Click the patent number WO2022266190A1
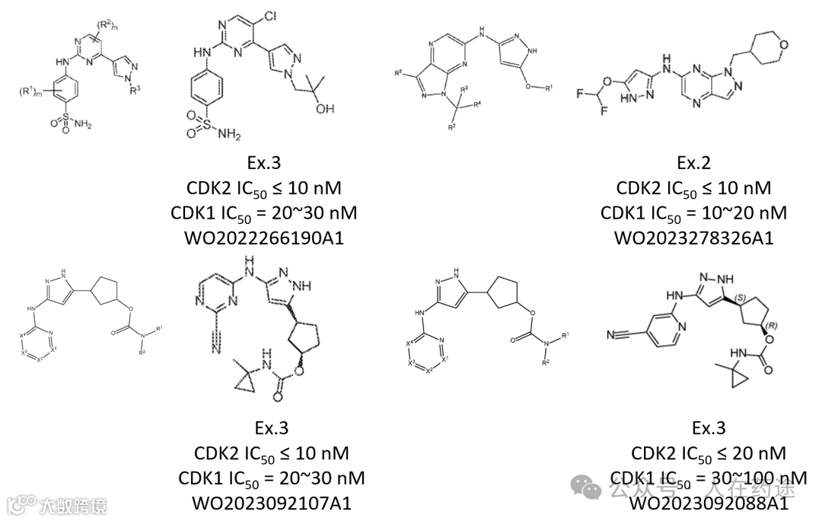[x=263, y=238]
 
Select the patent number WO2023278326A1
[x=693, y=238]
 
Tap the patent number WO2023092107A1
[x=272, y=503]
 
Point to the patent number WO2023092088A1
[x=708, y=503]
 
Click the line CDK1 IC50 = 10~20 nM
[x=693, y=213]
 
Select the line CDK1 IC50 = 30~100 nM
[x=708, y=478]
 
